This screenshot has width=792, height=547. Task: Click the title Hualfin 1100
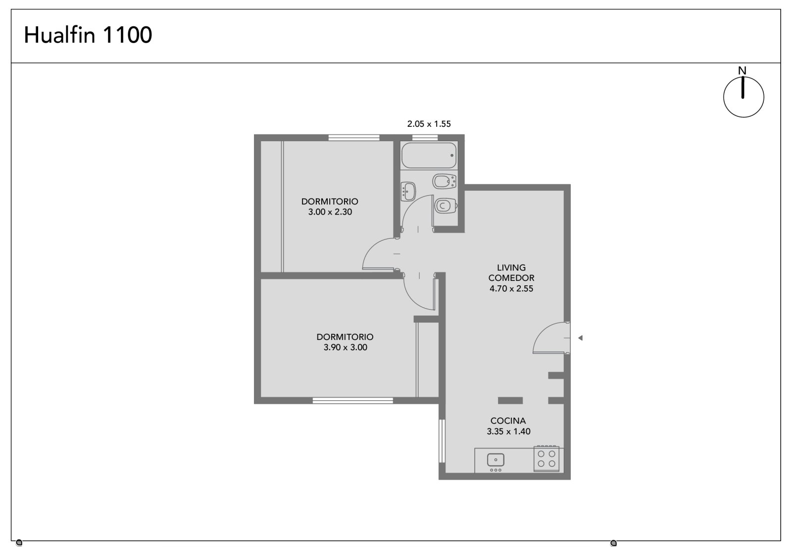coord(88,35)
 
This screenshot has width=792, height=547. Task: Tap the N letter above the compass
coord(742,71)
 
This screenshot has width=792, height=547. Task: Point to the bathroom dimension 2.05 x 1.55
coord(429,124)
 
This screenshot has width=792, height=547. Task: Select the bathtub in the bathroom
coord(429,155)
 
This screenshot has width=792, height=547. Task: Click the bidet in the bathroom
coord(445,181)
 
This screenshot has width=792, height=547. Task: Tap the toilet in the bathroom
coord(446,206)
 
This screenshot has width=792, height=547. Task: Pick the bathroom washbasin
coord(408,191)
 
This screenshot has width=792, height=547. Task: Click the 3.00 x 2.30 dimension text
coord(330,212)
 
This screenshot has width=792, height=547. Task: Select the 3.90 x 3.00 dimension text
coord(346,347)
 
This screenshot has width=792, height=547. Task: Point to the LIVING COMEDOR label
coord(511,273)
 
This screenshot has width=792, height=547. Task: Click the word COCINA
coord(508,421)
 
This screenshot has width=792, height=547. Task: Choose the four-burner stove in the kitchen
coord(546,458)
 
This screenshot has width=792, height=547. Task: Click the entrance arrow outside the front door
coord(580,338)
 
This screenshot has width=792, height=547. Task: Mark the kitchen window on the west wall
coord(442,441)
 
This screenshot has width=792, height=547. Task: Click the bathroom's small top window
coord(425,138)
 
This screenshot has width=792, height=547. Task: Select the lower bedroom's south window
coord(353,400)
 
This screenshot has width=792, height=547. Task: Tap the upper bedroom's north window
coord(354,138)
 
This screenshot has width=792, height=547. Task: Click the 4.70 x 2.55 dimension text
coord(511,289)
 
